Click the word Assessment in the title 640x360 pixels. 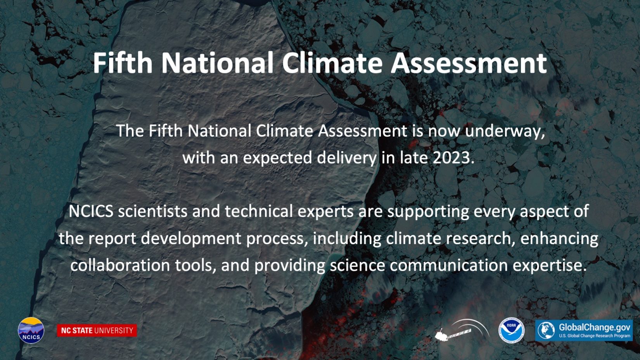(x=469, y=63)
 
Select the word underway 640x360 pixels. (x=505, y=131)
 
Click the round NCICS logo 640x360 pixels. (x=31, y=330)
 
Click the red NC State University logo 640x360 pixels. (x=97, y=331)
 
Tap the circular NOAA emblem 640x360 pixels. (x=511, y=330)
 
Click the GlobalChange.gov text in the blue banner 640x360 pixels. (x=594, y=327)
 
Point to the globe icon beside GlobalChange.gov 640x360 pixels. (x=546, y=330)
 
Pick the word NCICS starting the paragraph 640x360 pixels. (x=91, y=211)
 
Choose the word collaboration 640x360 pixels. (x=120, y=265)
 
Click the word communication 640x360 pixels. (x=448, y=265)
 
